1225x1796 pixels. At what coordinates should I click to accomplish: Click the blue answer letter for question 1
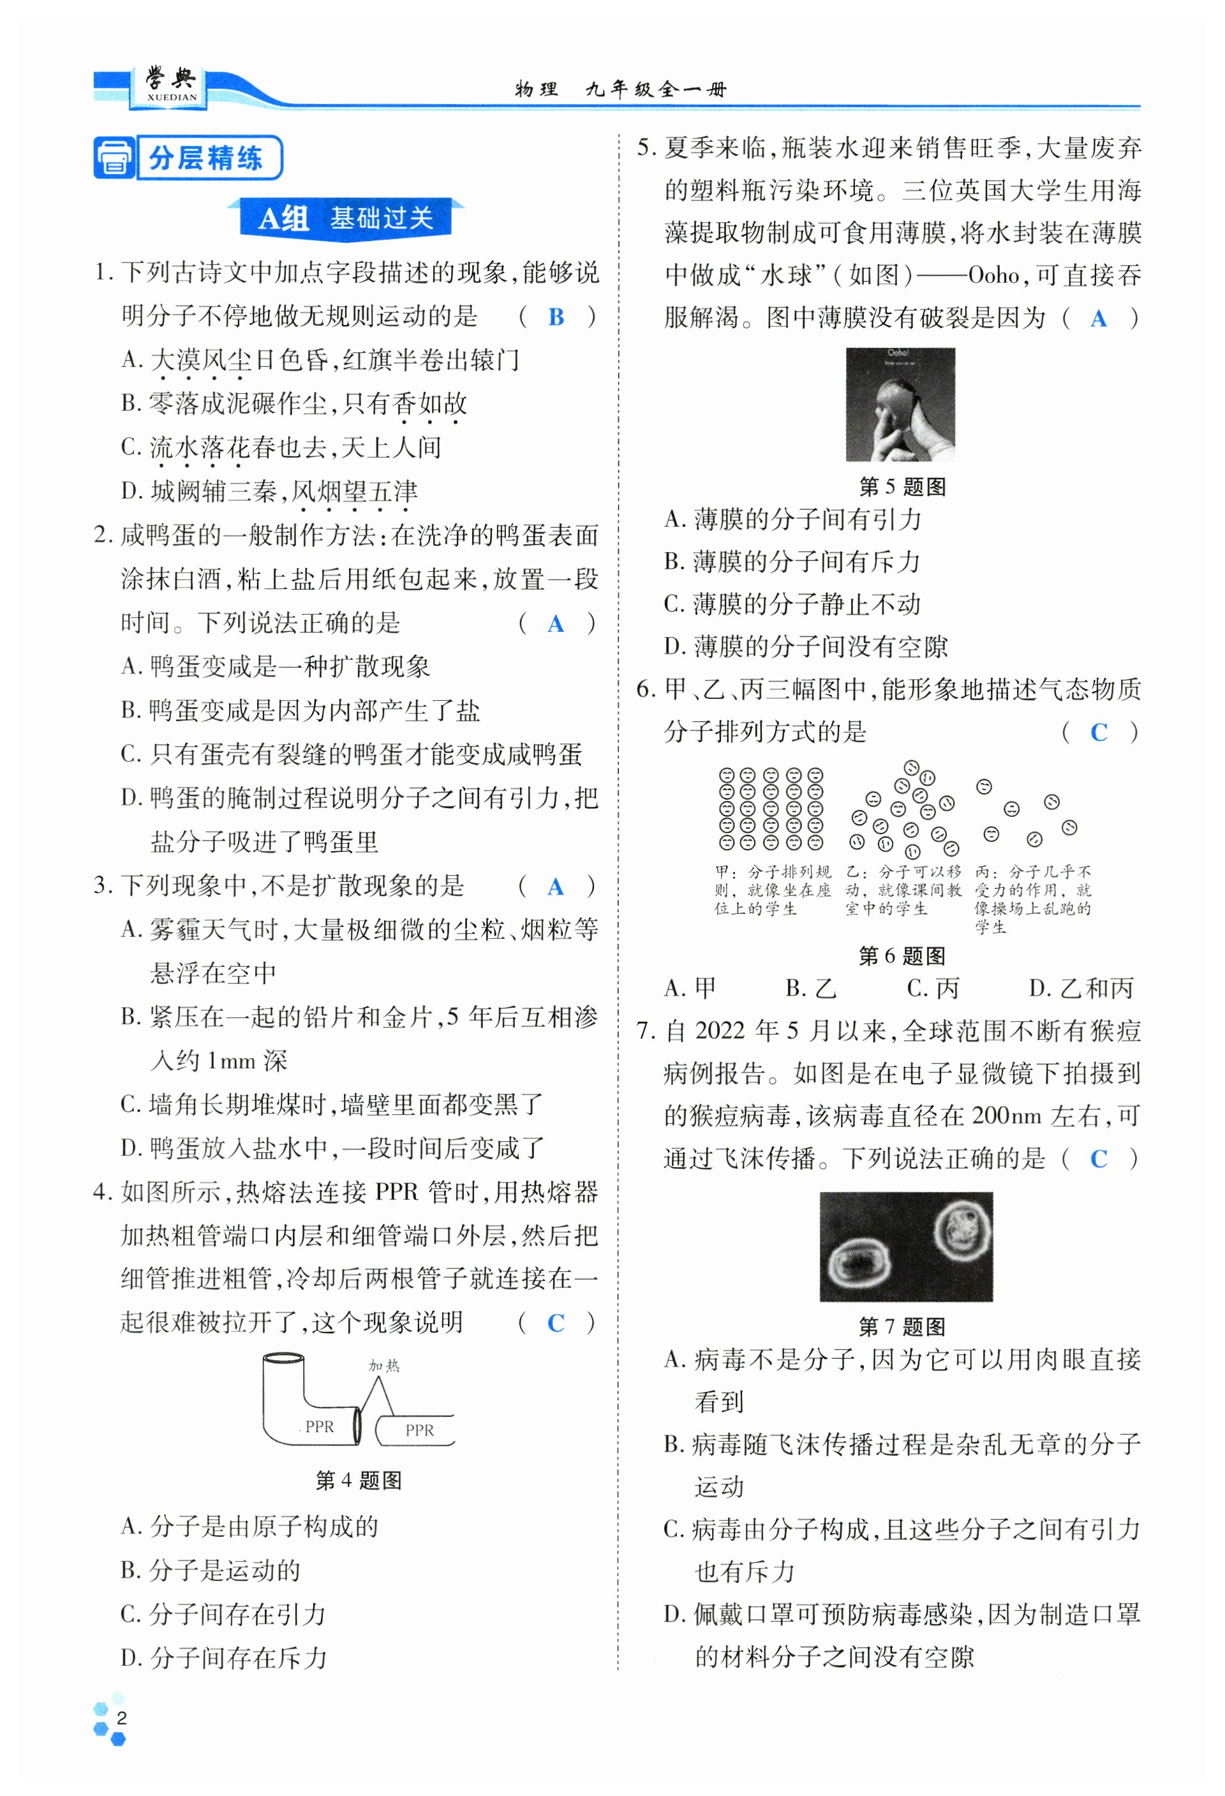click(555, 317)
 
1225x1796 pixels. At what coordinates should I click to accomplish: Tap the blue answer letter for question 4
click(555, 1323)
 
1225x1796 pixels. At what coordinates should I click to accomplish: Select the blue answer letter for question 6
click(1098, 732)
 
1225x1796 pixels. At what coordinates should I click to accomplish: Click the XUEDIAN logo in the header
click(172, 86)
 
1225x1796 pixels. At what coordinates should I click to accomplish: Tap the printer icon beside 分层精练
click(114, 158)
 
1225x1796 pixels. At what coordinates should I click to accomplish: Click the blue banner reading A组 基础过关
click(345, 219)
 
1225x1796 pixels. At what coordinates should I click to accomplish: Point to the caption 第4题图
click(359, 1481)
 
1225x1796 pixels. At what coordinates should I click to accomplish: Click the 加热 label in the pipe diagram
click(384, 1366)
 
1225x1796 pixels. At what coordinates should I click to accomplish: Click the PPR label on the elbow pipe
click(319, 1426)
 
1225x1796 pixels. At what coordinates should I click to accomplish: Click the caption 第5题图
click(902, 487)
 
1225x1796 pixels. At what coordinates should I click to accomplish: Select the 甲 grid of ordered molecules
click(770, 809)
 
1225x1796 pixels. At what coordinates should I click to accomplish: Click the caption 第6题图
click(902, 956)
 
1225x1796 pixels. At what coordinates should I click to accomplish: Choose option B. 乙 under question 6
click(810, 989)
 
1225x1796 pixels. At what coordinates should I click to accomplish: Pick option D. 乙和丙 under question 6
click(1081, 989)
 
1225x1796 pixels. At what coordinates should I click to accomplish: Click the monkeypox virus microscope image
click(905, 1246)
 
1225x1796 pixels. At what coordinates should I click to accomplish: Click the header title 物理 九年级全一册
click(620, 89)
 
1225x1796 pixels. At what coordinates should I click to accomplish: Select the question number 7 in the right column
click(646, 1031)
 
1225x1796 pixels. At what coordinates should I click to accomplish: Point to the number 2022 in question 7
click(720, 1031)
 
